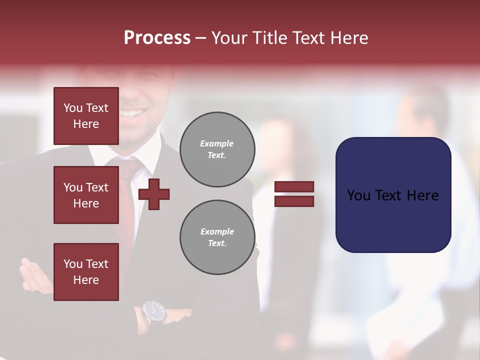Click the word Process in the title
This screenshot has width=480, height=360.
(157, 38)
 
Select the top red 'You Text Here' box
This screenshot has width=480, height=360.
(86, 116)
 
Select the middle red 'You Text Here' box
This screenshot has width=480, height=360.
(86, 195)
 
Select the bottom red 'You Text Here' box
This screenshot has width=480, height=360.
(86, 272)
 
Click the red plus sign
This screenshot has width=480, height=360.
(154, 194)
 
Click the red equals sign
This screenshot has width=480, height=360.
(294, 194)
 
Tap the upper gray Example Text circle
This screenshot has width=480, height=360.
(217, 149)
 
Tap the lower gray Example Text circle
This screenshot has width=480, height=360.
(217, 237)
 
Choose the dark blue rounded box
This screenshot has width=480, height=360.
(393, 195)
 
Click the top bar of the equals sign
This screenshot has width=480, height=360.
(294, 187)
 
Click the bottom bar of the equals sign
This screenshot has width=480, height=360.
(294, 201)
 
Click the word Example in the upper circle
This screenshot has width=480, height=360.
(216, 143)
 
